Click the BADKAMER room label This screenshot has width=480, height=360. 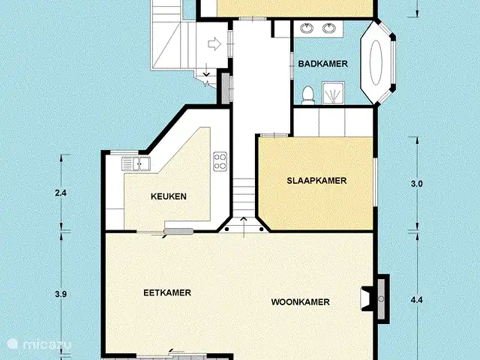pyautogui.click(x=323, y=64)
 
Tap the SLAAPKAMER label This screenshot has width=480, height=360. pyautogui.click(x=316, y=181)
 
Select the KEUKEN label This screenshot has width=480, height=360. pyautogui.click(x=169, y=196)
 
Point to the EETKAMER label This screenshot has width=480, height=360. pyautogui.click(x=167, y=292)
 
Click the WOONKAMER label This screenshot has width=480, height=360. pyautogui.click(x=300, y=302)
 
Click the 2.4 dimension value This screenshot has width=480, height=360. pyautogui.click(x=61, y=193)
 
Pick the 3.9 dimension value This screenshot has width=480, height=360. pyautogui.click(x=61, y=294)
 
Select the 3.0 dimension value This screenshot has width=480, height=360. pyautogui.click(x=417, y=184)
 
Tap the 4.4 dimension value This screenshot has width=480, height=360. pyautogui.click(x=417, y=300)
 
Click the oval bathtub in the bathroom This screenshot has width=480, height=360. pyautogui.click(x=376, y=63)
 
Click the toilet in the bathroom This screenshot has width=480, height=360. pyautogui.click(x=308, y=94)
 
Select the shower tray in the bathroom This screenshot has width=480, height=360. pyautogui.click(x=333, y=93)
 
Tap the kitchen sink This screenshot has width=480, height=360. pyautogui.click(x=136, y=163)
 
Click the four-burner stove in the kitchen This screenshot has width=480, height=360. pyautogui.click(x=220, y=162)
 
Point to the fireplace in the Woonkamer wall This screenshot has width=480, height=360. pyautogui.click(x=376, y=299)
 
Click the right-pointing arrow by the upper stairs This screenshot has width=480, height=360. pyautogui.click(x=214, y=43)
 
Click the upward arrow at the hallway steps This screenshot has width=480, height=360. pyautogui.click(x=244, y=226)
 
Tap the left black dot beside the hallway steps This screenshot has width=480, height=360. pyautogui.click(x=226, y=229)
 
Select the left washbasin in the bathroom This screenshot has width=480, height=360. pyautogui.click(x=307, y=28)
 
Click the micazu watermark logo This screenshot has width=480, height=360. pyautogui.click(x=40, y=344)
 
